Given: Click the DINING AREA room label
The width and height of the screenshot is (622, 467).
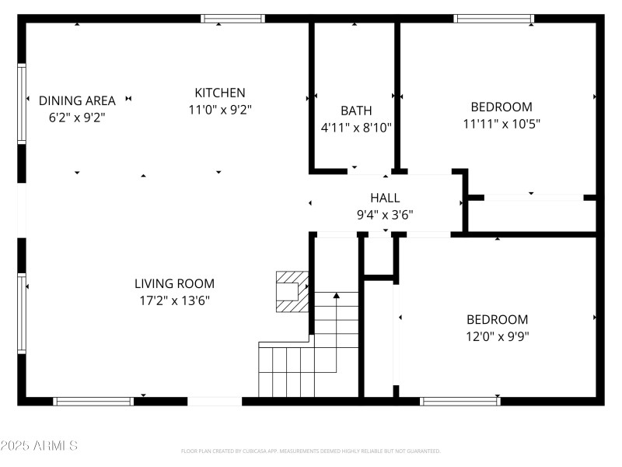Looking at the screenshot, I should click(x=77, y=100).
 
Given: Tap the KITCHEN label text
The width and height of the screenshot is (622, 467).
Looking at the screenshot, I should click(x=220, y=93).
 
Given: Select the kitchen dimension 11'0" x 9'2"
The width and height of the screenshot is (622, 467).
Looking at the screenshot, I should click(x=220, y=110).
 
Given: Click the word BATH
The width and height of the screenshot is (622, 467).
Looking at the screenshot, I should click(x=356, y=111).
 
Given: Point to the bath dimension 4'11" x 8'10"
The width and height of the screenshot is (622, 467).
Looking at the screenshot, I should click(x=356, y=127).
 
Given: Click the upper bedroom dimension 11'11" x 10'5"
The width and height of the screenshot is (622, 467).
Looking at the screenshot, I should click(x=501, y=123).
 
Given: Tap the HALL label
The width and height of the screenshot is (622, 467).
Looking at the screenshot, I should click(x=385, y=198).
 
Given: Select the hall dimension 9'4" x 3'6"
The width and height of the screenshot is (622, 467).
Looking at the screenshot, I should click(x=385, y=214).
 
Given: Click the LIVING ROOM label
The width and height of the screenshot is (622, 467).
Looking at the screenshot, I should click(x=174, y=283).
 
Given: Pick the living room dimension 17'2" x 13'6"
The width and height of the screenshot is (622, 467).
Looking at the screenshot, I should click(x=174, y=300).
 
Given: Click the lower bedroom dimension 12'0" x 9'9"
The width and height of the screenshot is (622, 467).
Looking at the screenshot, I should click(x=497, y=336).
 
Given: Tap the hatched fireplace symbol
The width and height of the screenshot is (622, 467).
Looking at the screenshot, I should click(x=292, y=291).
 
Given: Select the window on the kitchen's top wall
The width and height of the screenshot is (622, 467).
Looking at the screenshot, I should click(x=232, y=19).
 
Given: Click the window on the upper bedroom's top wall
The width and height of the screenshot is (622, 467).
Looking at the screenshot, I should click(x=494, y=19).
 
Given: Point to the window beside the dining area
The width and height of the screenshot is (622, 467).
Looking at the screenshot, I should click(x=23, y=103).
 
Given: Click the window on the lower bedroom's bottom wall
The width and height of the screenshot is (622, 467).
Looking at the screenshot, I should click(x=460, y=402).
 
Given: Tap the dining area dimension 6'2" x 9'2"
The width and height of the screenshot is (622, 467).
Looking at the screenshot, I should click(x=77, y=118).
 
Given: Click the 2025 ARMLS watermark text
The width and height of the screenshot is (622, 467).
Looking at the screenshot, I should click(x=39, y=446).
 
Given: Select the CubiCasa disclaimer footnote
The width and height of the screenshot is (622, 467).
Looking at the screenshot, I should click(x=311, y=451).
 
